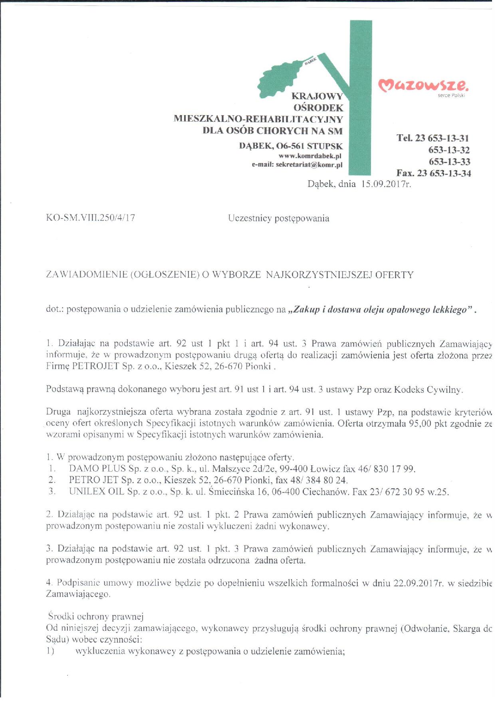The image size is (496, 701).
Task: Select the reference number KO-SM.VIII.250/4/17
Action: [91, 218]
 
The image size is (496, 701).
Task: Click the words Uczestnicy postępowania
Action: [279, 218]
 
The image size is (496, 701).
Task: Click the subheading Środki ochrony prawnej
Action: [96, 616]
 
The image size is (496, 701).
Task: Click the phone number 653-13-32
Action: [449, 150]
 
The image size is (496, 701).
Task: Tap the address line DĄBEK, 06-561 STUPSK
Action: [291, 146]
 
